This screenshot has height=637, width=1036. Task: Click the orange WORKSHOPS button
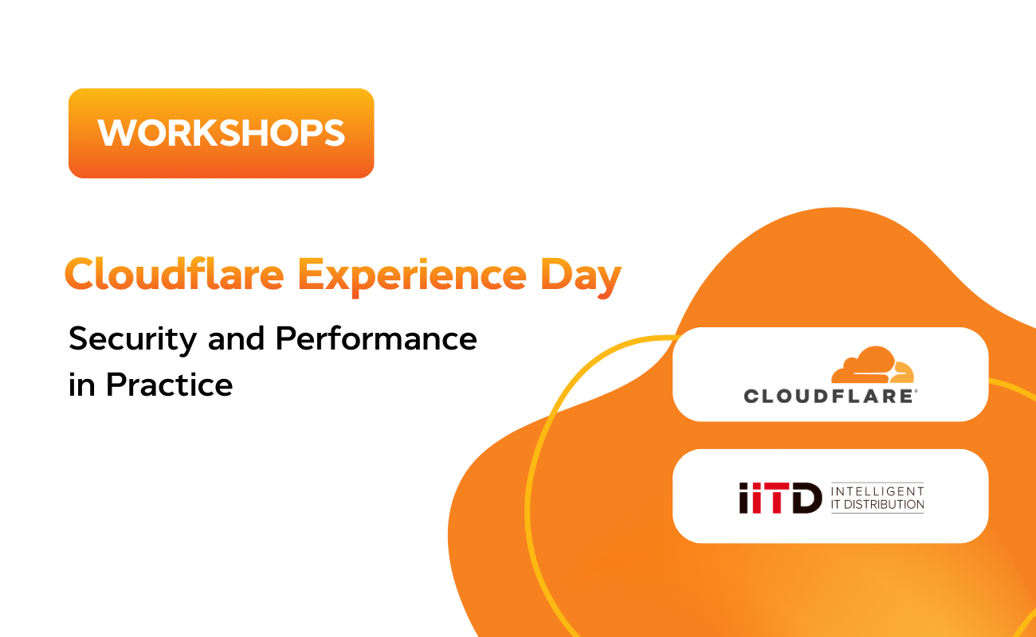221,133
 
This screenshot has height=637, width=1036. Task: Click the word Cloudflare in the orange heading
175,274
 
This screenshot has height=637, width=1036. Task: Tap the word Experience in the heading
412,276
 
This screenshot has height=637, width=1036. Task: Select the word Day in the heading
580,277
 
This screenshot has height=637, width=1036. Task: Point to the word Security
133,340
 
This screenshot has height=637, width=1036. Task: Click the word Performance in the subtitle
376,338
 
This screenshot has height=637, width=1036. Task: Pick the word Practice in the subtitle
169,384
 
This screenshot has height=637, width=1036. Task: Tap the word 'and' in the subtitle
237,338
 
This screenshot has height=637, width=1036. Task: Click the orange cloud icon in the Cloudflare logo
873,365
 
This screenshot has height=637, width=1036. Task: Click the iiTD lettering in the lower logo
780,498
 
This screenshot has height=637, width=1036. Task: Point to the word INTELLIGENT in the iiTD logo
877,490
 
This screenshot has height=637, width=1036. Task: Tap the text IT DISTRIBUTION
877,504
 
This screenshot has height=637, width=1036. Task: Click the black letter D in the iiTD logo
807,498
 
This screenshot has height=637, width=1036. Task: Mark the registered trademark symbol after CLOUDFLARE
916,392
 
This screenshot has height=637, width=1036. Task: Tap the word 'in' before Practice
81,385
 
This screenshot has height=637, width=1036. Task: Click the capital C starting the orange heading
80,274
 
